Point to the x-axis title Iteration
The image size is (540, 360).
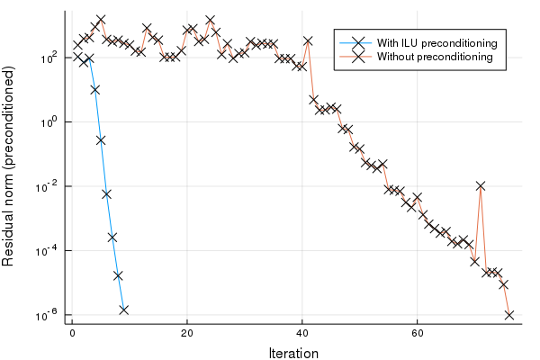click(293, 354)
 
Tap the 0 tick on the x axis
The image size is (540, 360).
click(72, 333)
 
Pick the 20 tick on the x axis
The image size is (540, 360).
click(187, 333)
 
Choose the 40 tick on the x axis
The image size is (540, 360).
click(302, 333)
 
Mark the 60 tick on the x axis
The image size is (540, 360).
click(418, 333)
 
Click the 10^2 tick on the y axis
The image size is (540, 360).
click(49, 57)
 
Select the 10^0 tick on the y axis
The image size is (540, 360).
click(49, 121)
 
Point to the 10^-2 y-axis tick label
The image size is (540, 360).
click(49, 185)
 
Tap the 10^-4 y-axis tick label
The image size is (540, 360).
click(49, 250)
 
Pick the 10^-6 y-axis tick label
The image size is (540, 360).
click(49, 315)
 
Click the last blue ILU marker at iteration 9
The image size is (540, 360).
click(123, 310)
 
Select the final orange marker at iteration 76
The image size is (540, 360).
click(509, 315)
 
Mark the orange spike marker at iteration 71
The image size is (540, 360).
click(481, 185)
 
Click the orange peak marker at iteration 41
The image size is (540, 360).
click(308, 40)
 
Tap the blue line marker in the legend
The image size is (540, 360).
click(357, 42)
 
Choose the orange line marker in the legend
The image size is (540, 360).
click(357, 57)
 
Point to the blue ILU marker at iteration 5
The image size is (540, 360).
click(101, 139)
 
